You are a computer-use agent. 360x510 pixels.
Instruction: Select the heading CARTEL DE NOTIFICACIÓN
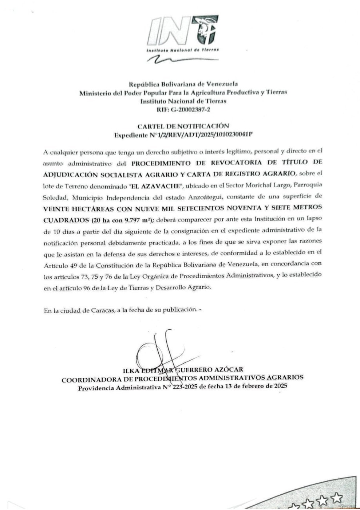(183, 126)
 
